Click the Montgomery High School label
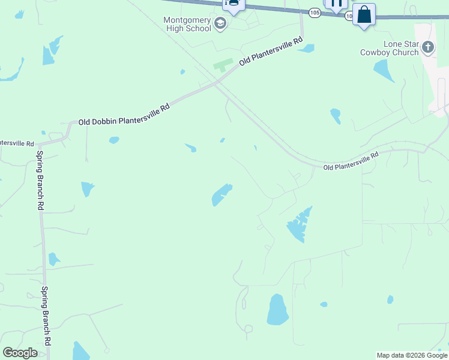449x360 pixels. click(x=187, y=24)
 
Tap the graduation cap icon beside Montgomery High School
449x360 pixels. click(x=220, y=24)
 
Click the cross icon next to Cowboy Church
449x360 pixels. click(x=427, y=47)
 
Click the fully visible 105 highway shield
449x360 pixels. click(x=315, y=13)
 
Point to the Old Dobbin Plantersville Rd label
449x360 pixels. click(x=124, y=114)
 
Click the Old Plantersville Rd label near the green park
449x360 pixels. click(x=271, y=52)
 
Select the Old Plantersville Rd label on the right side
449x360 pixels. click(x=351, y=161)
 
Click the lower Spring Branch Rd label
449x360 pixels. click(x=46, y=315)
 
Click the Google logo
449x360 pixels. click(x=20, y=353)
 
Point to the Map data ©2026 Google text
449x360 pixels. click(x=412, y=355)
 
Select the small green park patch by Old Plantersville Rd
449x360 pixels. click(x=223, y=65)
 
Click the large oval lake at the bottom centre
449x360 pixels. click(x=277, y=310)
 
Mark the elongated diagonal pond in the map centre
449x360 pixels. click(x=221, y=194)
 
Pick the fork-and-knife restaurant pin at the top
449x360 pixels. click(x=336, y=4)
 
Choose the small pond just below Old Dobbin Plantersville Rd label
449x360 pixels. click(x=114, y=140)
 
